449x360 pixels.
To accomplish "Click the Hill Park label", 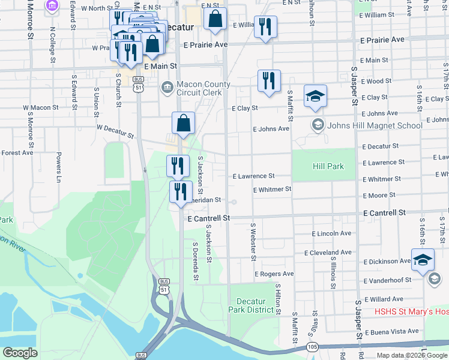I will click(x=328, y=166).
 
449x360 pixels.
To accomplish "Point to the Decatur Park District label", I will click(x=255, y=305).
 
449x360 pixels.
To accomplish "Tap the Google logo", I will click(x=20, y=353).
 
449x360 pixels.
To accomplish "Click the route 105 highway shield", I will click(x=312, y=346).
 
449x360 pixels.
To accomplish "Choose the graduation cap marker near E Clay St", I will click(x=315, y=97).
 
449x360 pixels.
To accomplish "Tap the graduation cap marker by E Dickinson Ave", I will click(x=423, y=259).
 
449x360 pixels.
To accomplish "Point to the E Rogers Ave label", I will click(x=274, y=274).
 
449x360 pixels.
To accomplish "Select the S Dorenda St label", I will click(x=195, y=262).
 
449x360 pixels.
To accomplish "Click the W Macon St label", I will click(x=41, y=108).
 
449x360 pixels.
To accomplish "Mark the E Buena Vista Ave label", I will click(x=391, y=331).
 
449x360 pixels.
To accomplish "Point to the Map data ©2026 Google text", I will click(x=412, y=355).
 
